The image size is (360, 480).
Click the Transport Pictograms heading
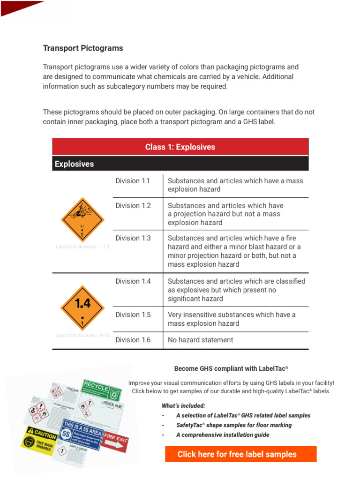pyautogui.click(x=83, y=48)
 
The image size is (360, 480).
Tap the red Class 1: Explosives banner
pyautogui.click(x=180, y=147)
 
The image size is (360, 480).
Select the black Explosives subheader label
pyautogui.click(x=74, y=164)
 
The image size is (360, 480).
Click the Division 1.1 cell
pyautogui.click(x=133, y=181)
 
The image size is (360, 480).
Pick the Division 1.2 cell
pyautogui.click(x=133, y=206)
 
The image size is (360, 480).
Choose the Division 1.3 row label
pyautogui.click(x=133, y=238)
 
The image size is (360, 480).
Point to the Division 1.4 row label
pyautogui.click(x=133, y=281)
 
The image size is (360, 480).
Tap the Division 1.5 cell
pyautogui.click(x=133, y=315)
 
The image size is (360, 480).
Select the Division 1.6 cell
pyautogui.click(x=133, y=340)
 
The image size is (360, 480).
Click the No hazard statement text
pyautogui.click(x=200, y=340)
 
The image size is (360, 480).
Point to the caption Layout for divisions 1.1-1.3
pyautogui.click(x=82, y=247)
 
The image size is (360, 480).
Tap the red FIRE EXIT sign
pyautogui.click(x=115, y=442)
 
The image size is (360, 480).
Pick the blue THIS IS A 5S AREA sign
pyautogui.click(x=82, y=433)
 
